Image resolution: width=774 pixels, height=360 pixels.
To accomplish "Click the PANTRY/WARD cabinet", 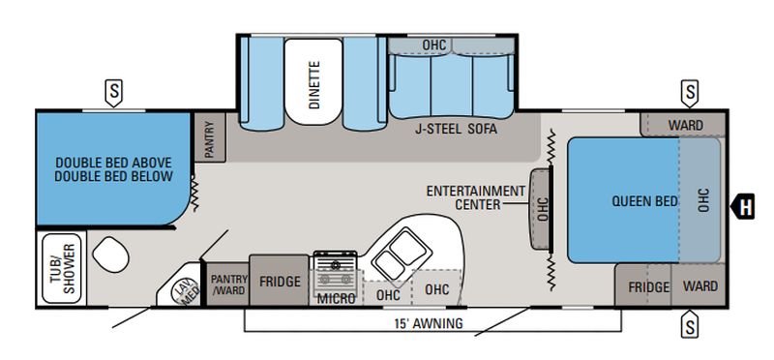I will coord(229,283).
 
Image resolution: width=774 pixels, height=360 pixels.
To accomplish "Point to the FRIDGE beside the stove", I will coord(279,282).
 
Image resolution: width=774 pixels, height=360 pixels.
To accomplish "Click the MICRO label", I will coord(336,298).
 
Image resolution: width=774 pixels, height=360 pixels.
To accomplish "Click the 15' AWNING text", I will coord(430,322).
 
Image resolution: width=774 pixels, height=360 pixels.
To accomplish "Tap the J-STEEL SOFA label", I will coord(450,126).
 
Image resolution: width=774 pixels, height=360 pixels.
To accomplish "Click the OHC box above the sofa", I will coord(433,45).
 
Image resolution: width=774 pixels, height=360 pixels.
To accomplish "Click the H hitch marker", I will coord(746,204).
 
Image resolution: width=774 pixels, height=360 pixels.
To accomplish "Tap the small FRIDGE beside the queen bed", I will coord(648,287).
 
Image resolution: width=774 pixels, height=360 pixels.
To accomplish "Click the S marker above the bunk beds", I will coord(114,93).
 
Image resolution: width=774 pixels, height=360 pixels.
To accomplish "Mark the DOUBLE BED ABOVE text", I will coord(113,162).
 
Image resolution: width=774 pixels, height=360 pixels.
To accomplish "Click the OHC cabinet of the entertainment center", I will coord(542,204).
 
